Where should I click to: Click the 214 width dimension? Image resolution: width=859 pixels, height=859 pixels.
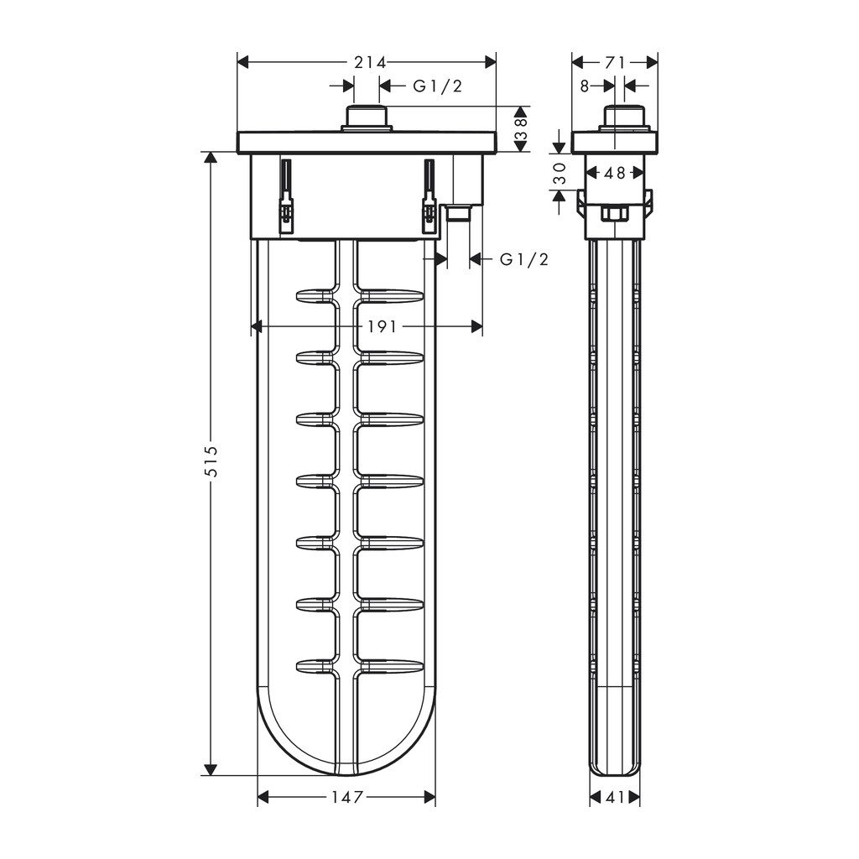tap(369, 62)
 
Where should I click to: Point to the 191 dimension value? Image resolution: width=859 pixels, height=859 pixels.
tap(382, 327)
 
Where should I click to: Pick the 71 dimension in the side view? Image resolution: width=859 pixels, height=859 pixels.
tap(615, 62)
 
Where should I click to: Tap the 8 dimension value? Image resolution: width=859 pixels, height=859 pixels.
tap(584, 86)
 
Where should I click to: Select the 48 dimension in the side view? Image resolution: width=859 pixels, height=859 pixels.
tap(614, 173)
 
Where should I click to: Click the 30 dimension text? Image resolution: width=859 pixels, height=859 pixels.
tap(558, 172)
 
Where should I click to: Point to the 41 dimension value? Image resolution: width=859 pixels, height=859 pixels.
tap(615, 797)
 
